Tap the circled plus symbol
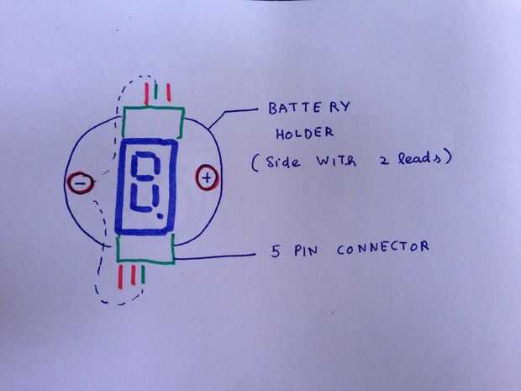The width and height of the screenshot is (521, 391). click(208, 178)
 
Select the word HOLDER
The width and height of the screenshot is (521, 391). click(305, 134)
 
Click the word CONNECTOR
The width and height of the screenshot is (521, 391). click(383, 249)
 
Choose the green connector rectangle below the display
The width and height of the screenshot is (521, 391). click(145, 250)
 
